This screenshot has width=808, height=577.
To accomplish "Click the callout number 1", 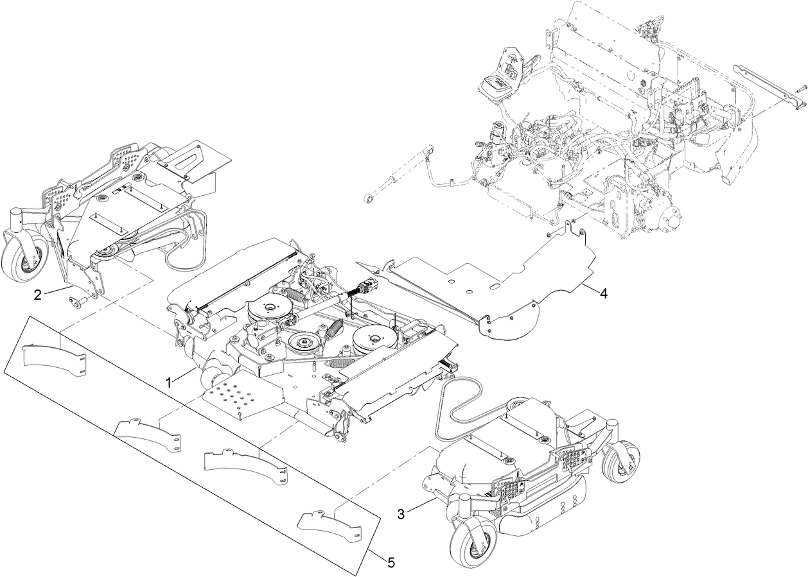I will coord(169,382).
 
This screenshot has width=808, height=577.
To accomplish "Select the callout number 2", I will coord(38,295).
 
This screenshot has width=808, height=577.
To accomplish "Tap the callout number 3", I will coord(400,513).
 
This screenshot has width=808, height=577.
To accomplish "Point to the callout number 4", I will coord(602,293).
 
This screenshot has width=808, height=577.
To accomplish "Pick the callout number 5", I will coord(391,562).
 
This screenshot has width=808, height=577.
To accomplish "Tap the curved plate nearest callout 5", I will coord(329,524).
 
